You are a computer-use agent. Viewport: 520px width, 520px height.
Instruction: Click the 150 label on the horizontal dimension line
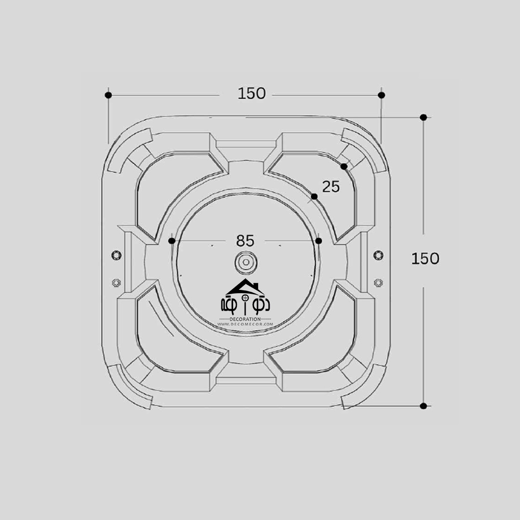click(251, 93)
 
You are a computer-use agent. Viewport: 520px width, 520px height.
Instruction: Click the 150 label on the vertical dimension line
click(425, 259)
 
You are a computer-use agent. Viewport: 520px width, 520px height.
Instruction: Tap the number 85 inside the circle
click(245, 240)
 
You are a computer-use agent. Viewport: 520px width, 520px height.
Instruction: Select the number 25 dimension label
click(331, 187)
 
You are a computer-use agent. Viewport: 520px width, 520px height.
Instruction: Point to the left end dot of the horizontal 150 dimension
click(108, 95)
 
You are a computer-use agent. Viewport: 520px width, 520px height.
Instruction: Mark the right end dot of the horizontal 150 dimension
click(381, 95)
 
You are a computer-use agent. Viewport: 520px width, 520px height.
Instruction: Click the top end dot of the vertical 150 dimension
click(423, 117)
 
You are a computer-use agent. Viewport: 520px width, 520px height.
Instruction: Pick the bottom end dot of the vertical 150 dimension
click(423, 406)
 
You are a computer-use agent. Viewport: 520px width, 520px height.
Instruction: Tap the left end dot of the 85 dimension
click(172, 241)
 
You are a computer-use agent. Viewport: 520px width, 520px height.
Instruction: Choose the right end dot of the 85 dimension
click(318, 241)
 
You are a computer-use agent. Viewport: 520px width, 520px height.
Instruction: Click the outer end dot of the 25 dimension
click(344, 167)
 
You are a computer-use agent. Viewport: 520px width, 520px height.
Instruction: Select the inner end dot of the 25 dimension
click(314, 196)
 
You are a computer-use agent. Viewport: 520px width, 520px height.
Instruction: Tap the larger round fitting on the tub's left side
click(116, 255)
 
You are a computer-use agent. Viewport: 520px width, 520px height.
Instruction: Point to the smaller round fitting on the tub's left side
click(116, 282)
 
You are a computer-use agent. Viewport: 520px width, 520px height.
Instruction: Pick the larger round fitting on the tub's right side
click(378, 255)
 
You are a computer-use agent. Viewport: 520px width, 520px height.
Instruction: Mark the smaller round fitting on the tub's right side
click(378, 282)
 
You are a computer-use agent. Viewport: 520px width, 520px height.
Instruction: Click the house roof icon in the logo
click(245, 287)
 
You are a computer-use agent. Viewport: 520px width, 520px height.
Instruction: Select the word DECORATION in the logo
click(245, 319)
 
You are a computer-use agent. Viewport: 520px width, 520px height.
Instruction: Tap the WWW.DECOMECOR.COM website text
click(245, 325)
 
